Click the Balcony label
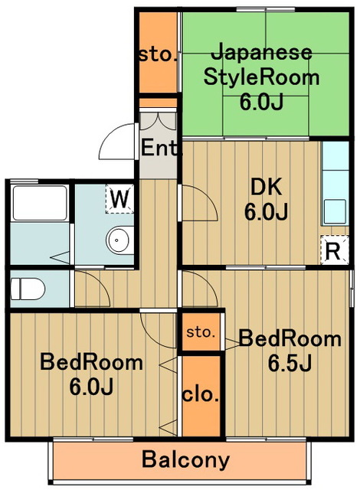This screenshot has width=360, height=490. click(x=186, y=460)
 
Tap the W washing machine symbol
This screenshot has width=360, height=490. click(x=118, y=199)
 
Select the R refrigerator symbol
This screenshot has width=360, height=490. click(x=333, y=250)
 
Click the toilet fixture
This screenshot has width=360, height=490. click(x=29, y=289)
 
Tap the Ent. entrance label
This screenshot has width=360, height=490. click(x=159, y=148)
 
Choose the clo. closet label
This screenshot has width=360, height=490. click(x=201, y=395)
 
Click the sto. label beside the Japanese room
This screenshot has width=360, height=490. click(x=158, y=54)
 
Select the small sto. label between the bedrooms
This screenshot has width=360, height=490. click(x=201, y=333)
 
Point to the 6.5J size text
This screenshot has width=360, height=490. click(x=290, y=363)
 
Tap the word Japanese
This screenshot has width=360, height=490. click(x=260, y=53)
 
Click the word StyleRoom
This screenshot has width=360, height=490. click(x=260, y=77)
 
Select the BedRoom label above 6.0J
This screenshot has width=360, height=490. click(x=92, y=362)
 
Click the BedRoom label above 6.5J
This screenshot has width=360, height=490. click(x=290, y=338)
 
